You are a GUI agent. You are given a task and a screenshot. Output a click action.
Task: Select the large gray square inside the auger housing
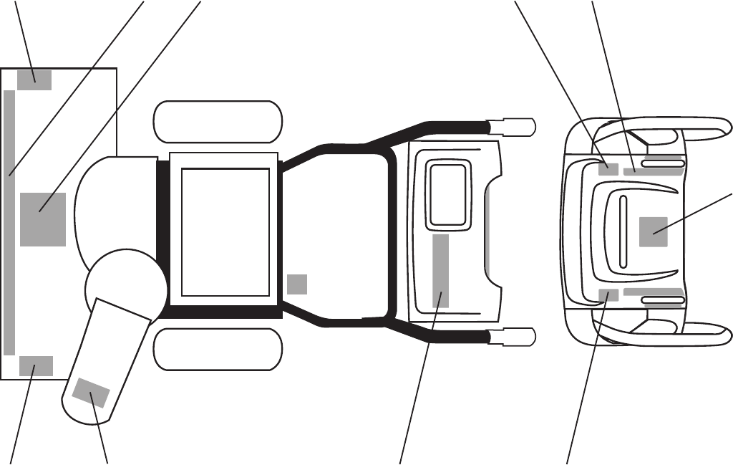coord(43,219)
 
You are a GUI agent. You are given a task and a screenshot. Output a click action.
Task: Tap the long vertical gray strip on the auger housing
coord(9,222)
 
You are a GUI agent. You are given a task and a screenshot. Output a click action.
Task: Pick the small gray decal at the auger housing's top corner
coord(34,80)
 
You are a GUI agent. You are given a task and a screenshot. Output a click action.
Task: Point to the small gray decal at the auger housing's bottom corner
coord(36,365)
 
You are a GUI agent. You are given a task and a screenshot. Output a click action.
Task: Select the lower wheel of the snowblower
coord(218,349)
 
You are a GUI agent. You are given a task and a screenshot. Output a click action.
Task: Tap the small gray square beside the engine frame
coord(297,284)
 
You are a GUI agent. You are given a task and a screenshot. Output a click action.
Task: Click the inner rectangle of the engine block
coord(225,231)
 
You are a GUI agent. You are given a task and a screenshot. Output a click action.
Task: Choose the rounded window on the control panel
coord(449,194)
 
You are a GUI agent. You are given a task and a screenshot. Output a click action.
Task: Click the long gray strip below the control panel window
coord(441,270)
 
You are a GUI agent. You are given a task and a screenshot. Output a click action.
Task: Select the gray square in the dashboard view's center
coord(653,231)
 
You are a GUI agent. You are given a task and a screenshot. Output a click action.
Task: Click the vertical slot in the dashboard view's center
coord(622,231)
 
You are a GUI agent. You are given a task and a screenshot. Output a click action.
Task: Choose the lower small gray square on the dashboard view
coord(608,294)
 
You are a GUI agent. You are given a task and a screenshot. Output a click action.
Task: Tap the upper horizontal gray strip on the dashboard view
coord(652,171)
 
